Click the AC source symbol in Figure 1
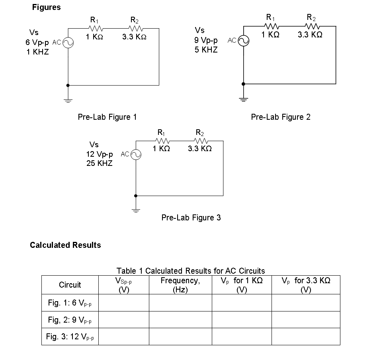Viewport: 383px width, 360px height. (x=68, y=43)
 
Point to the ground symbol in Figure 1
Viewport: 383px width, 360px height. (x=68, y=99)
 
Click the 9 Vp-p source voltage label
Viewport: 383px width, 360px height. (x=206, y=40)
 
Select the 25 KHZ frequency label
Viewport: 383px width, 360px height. (x=99, y=163)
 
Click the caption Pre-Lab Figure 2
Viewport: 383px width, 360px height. (x=281, y=117)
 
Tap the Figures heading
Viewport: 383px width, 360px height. (x=46, y=8)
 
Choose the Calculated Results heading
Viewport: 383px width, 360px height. (x=65, y=245)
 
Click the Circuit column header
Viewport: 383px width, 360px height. (x=70, y=285)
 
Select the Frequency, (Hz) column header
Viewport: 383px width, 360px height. (x=180, y=285)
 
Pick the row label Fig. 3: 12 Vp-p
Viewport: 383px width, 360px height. (x=70, y=337)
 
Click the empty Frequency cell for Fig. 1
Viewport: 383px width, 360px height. (x=180, y=303)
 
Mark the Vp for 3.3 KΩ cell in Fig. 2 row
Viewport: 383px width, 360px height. (x=306, y=319)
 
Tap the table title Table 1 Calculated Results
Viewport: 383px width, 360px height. (x=191, y=271)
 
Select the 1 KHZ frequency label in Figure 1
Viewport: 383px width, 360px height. (x=38, y=52)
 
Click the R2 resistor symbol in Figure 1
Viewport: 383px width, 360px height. (x=135, y=28)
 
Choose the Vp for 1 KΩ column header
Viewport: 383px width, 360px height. (x=242, y=285)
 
